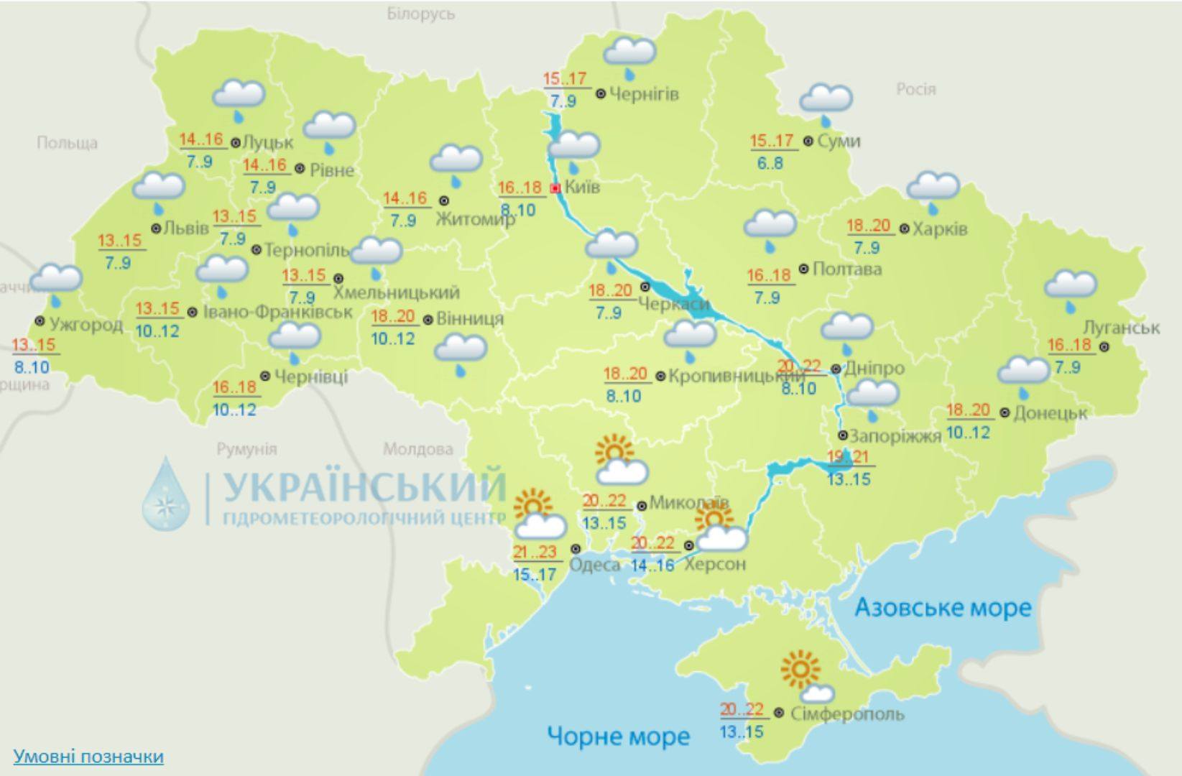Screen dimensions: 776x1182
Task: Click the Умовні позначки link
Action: [x=88, y=756]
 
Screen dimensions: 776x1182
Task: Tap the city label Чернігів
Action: [x=644, y=93]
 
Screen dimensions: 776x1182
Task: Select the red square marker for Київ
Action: [x=555, y=188]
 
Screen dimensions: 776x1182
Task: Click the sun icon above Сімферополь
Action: [x=800, y=669]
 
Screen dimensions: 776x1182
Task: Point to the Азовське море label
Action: [x=943, y=608]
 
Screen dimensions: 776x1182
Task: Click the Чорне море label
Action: [x=618, y=736]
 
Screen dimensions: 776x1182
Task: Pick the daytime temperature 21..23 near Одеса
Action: [x=535, y=552]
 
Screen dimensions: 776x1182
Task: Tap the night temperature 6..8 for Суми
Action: [x=770, y=163]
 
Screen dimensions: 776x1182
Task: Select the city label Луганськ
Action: [x=1121, y=327]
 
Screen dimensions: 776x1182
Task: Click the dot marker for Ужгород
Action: [x=40, y=321]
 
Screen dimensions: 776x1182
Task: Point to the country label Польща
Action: [x=67, y=143]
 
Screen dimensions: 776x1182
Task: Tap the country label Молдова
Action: [x=417, y=450]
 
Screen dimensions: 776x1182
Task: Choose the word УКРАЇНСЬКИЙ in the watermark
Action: [x=364, y=487]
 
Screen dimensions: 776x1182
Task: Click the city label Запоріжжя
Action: [x=895, y=436]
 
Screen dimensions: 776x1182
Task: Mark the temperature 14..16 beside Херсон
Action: [x=652, y=565]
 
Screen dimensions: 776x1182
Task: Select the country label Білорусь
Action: [x=420, y=14]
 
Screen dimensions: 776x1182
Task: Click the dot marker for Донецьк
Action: [x=1005, y=413]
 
